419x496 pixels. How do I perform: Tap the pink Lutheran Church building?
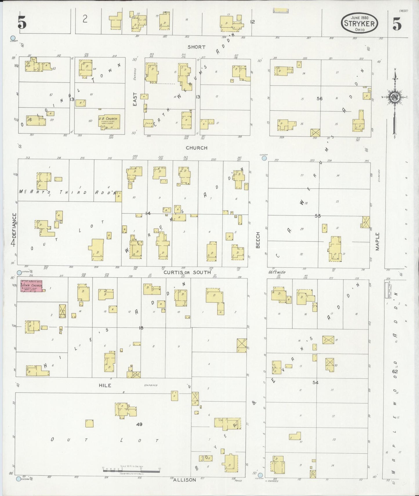pyautogui.click(x=31, y=286)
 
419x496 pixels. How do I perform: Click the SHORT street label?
pyautogui.click(x=196, y=47)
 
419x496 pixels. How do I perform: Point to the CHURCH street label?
pyautogui.click(x=197, y=148)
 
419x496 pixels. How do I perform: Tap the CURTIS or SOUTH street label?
pyautogui.click(x=187, y=272)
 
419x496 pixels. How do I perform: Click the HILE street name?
pyautogui.click(x=105, y=385)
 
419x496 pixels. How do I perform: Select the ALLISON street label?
pyautogui.click(x=184, y=480)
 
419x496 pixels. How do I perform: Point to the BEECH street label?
pyautogui.click(x=258, y=240)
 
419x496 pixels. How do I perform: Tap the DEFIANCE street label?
pyautogui.click(x=14, y=225)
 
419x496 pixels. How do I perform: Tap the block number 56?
pyautogui.click(x=320, y=99)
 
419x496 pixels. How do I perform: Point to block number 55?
pyautogui.click(x=318, y=216)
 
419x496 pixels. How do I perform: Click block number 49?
pyautogui.click(x=139, y=424)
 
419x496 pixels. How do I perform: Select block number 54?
pyautogui.click(x=315, y=383)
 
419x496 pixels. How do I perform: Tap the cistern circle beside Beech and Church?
pyautogui.click(x=264, y=158)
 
